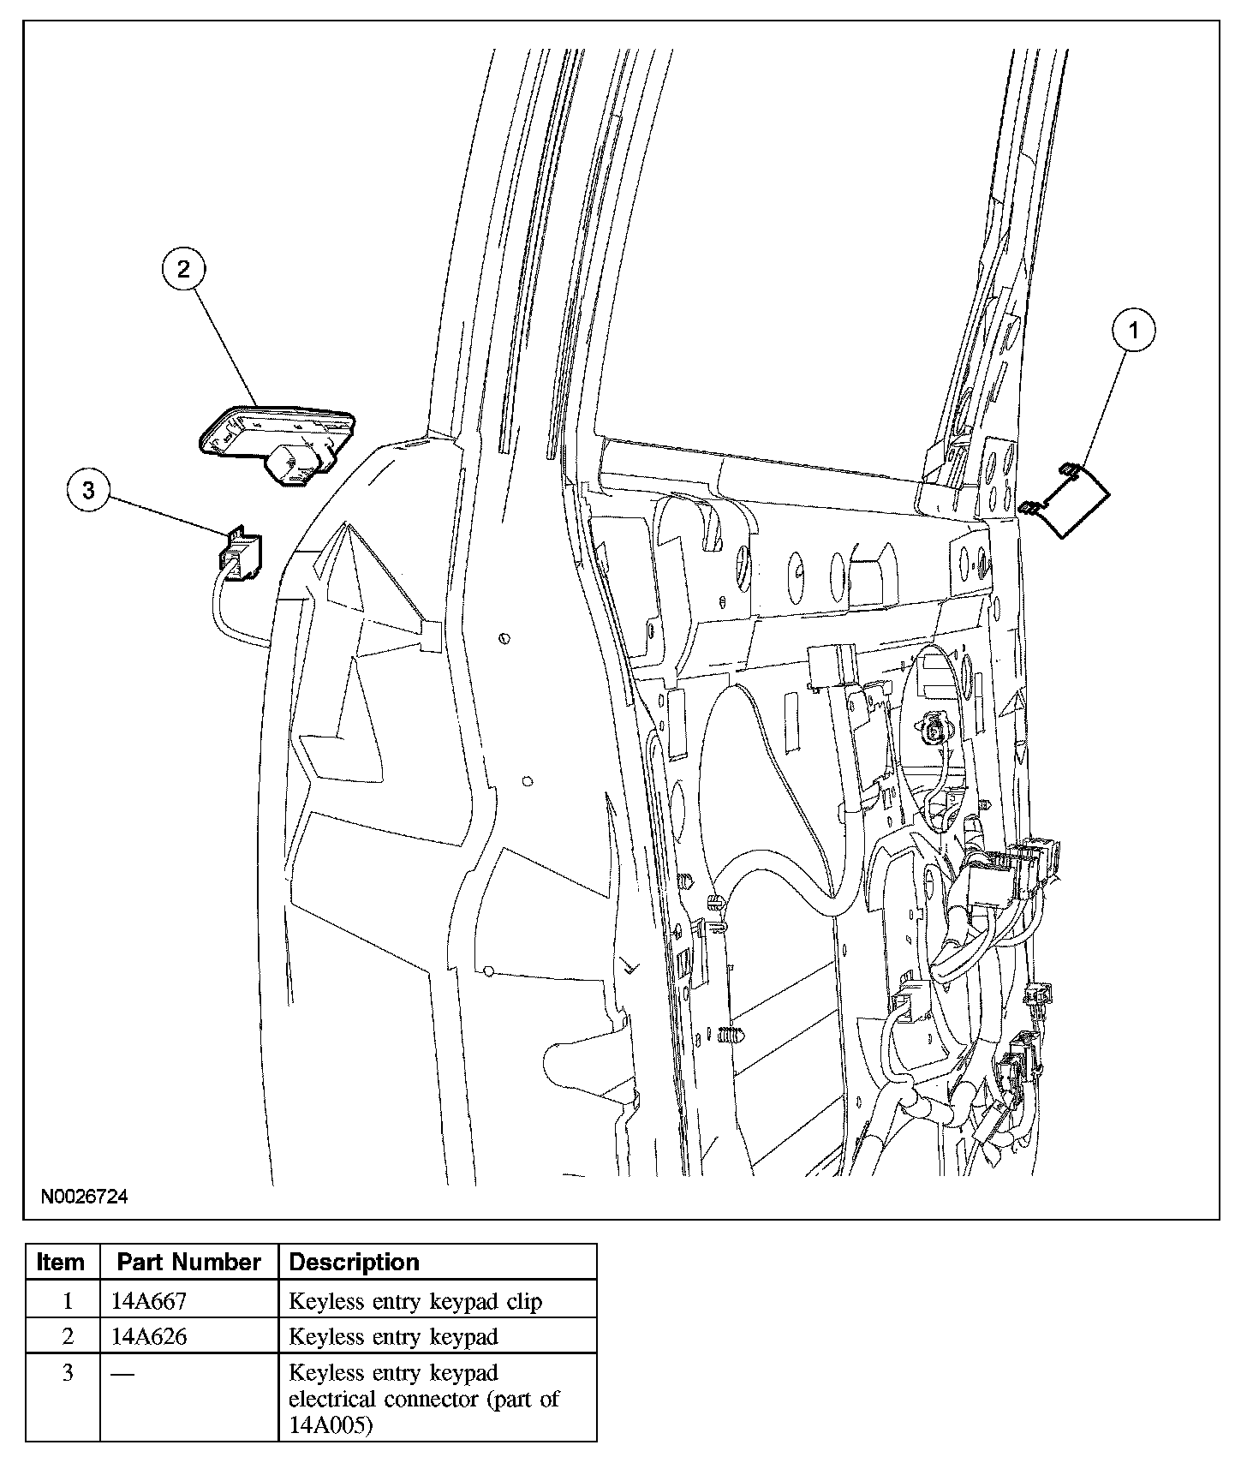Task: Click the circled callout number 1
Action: [x=1133, y=331]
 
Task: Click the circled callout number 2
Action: [x=183, y=270]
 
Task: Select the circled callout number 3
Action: [x=89, y=490]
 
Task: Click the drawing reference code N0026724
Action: [x=82, y=1196]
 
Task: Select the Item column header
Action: [x=62, y=1262]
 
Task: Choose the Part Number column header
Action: [x=188, y=1262]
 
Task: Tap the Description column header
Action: [x=354, y=1262]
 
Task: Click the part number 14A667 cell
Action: [x=149, y=1301]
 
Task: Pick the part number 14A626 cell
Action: [x=149, y=1336]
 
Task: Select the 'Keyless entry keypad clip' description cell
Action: [x=415, y=1301]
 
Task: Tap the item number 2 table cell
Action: [x=68, y=1336]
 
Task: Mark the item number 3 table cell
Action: [x=68, y=1373]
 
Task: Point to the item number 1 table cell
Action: [x=68, y=1301]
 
